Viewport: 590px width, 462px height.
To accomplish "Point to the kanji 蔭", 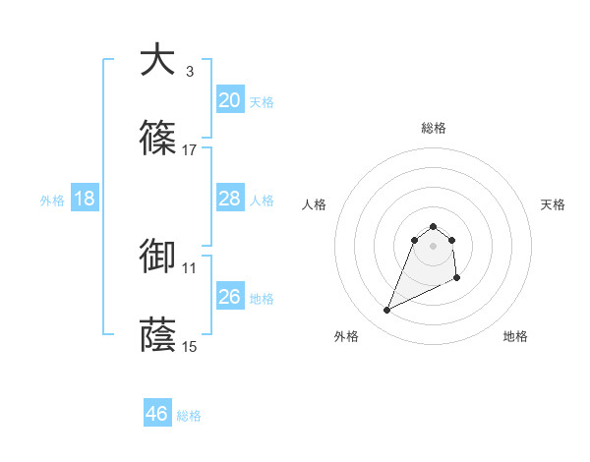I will pos(156,334).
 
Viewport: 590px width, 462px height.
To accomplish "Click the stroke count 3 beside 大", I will pos(190,71).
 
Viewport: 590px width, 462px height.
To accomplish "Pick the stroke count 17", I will pos(190,149).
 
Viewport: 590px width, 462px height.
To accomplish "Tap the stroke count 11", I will pos(190,267).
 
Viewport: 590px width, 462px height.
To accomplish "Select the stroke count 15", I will pos(190,346).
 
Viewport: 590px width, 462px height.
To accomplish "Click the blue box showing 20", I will pos(230,100).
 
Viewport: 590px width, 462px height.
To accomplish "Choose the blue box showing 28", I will pos(230,199).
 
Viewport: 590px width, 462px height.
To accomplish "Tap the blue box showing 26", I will pos(230,297).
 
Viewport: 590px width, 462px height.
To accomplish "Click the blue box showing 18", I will pos(85,199).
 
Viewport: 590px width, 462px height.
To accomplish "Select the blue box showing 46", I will pos(157,414).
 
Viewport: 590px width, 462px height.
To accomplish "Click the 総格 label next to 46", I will pos(189,416).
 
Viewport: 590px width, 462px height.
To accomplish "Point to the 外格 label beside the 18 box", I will pos(52,201).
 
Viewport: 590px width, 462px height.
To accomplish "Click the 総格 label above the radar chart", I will pos(434,128).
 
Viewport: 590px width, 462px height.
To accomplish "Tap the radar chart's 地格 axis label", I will pos(515,337).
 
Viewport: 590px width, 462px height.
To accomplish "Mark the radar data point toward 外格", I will pos(386,311).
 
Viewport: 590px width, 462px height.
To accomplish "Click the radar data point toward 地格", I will pos(458,279).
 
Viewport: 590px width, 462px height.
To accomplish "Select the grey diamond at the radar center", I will pos(434,245).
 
